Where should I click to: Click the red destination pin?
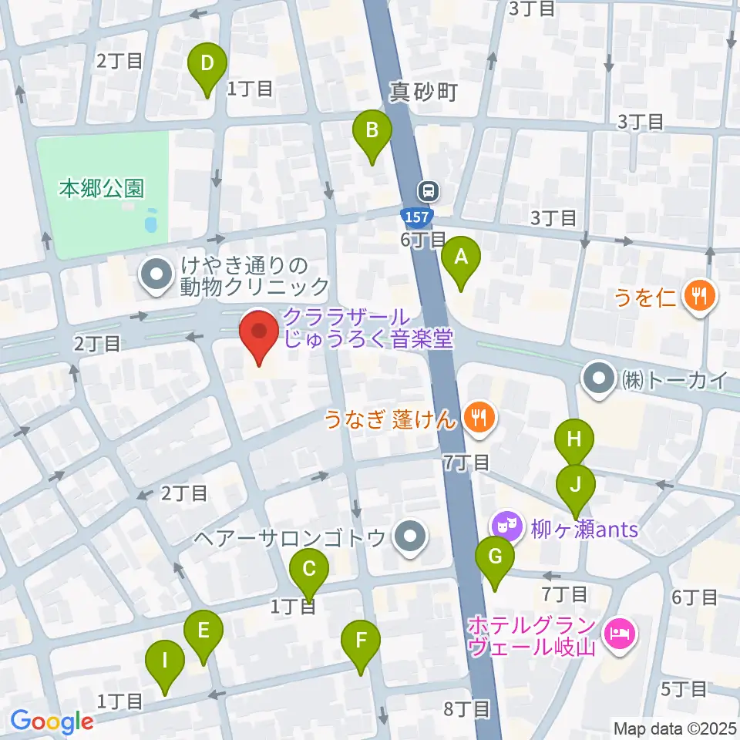click(259, 334)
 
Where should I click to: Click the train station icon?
click(428, 190)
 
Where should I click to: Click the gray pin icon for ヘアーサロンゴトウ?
click(409, 537)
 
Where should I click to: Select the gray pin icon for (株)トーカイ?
click(599, 378)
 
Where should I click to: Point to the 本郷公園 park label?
click(102, 188)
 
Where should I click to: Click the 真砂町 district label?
click(423, 93)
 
